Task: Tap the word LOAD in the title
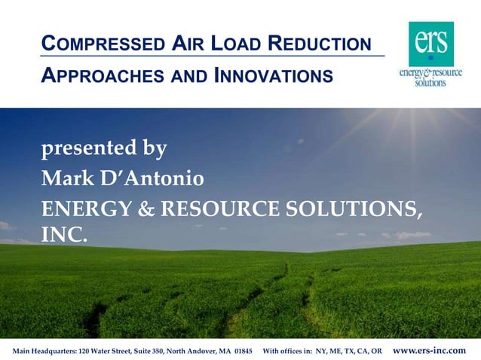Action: (x=244, y=44)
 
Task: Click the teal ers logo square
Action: (x=431, y=43)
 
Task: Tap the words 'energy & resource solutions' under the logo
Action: (x=430, y=78)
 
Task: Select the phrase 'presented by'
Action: (x=103, y=148)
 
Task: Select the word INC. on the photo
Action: (x=64, y=235)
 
